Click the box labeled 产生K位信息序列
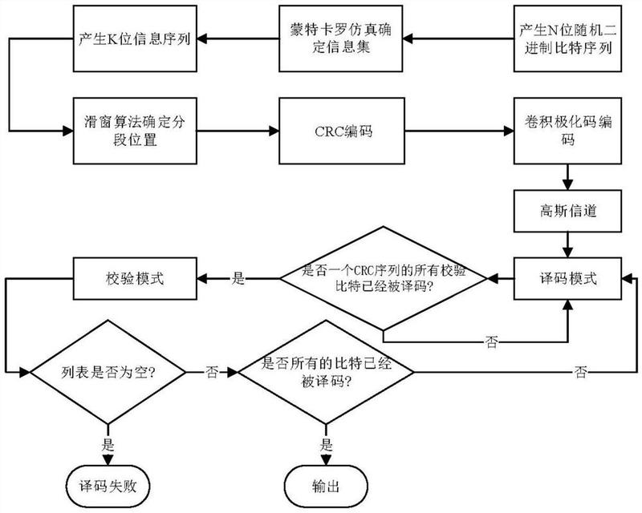(x=135, y=38)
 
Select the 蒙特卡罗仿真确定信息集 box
(x=340, y=38)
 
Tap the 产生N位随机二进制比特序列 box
(x=567, y=38)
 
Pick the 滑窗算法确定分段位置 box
(x=135, y=131)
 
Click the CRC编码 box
(x=342, y=131)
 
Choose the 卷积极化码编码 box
(x=567, y=131)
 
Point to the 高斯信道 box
(x=567, y=211)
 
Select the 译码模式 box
(x=567, y=279)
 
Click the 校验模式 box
(x=135, y=279)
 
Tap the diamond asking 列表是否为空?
(x=108, y=372)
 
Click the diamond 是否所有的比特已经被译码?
(x=326, y=372)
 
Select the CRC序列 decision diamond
(x=384, y=279)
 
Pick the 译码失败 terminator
(x=108, y=487)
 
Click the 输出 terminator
(x=326, y=487)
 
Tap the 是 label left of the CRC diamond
(x=238, y=279)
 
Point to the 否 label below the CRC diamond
(x=491, y=341)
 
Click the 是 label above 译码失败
(x=108, y=445)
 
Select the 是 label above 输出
(x=327, y=445)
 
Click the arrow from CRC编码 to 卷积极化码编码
(x=459, y=131)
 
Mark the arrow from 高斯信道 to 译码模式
(x=567, y=245)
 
